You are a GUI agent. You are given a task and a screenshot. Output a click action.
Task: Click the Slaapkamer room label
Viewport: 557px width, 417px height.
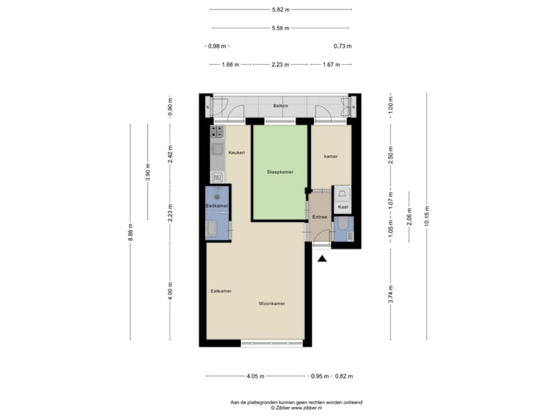(278, 171)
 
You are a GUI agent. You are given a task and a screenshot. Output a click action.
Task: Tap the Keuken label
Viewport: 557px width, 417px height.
(237, 153)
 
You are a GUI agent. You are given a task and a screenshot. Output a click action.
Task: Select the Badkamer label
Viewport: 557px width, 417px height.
(217, 206)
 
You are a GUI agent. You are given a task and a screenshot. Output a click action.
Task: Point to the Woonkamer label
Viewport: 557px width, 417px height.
(272, 303)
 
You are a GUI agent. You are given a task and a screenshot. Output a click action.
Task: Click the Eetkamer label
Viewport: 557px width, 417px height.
(221, 291)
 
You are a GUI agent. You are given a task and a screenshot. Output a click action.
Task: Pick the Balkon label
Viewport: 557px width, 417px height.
(280, 106)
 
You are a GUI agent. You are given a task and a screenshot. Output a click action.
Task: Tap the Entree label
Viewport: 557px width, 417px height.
(320, 218)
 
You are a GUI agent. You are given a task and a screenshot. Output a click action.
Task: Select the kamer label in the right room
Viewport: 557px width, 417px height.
(330, 156)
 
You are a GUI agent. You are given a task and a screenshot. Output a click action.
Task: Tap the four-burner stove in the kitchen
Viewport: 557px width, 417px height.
(216, 134)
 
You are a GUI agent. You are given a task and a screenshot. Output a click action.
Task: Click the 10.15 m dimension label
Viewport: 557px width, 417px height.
(427, 215)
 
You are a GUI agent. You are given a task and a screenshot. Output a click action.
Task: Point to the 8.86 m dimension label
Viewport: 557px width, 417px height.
(130, 232)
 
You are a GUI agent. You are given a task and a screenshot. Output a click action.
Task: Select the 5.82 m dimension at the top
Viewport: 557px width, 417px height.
(279, 10)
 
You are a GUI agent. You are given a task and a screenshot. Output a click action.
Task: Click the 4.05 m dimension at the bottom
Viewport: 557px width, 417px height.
(255, 376)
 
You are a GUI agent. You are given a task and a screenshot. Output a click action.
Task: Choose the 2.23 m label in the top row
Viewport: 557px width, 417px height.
(280, 65)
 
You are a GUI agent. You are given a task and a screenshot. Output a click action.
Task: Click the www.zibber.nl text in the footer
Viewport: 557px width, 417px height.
(293, 409)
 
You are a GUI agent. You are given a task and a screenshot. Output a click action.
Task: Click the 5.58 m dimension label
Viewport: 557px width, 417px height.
(279, 29)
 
